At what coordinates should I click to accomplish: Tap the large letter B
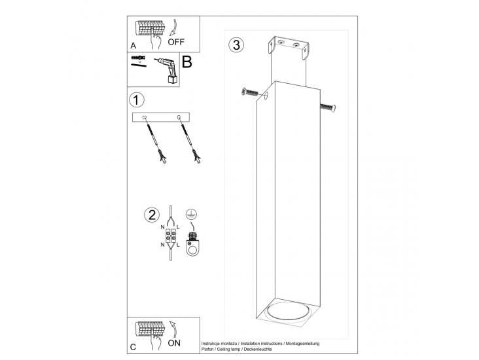[186, 63]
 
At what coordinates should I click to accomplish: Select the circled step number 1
[136, 100]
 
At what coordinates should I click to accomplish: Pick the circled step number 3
[236, 45]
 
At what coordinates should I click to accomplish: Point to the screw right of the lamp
[328, 107]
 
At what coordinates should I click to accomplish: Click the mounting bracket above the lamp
[288, 52]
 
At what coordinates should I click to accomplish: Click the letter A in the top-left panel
[133, 46]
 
